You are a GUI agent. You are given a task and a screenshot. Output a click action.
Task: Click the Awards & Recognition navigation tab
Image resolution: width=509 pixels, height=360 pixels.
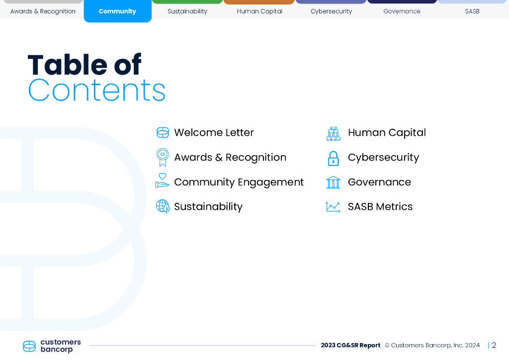[x=43, y=11]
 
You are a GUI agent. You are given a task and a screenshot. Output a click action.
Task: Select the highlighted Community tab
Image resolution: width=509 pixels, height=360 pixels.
[x=117, y=11]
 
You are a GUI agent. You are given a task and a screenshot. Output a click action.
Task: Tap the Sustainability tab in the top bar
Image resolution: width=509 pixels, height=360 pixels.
[x=187, y=11]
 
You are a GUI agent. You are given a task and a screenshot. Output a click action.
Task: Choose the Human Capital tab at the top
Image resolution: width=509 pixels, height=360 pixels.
[x=259, y=11]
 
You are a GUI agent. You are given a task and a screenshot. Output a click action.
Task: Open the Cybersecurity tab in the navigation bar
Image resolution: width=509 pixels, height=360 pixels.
[x=331, y=11]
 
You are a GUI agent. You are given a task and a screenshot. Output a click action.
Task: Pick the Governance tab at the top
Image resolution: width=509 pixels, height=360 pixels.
[x=402, y=11]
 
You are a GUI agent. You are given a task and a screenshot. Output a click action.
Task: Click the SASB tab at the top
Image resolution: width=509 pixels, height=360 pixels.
[x=472, y=11]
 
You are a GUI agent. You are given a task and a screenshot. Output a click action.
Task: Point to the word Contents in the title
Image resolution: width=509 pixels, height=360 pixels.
[x=97, y=90]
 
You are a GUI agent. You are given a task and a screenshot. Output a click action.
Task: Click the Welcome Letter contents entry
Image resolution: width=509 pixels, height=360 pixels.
[x=214, y=132]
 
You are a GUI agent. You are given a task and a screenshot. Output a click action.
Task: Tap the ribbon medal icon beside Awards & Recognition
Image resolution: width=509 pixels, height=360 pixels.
[x=163, y=157]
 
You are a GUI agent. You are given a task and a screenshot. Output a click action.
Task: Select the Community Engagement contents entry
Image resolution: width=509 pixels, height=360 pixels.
[x=239, y=182]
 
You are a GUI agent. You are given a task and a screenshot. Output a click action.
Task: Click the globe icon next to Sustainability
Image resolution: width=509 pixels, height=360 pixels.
[x=163, y=206]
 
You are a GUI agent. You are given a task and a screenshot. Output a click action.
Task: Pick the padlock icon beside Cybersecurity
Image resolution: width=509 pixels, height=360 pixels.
[x=333, y=159]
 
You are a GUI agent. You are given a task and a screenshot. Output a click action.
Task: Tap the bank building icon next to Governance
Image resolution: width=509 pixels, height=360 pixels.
[x=333, y=182]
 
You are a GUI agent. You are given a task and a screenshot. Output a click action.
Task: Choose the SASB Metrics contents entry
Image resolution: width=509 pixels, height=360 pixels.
[x=380, y=206]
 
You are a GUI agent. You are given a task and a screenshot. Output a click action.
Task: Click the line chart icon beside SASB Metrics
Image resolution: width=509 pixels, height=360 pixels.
[x=333, y=207]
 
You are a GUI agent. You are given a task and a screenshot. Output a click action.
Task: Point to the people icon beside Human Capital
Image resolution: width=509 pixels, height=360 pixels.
[x=334, y=133]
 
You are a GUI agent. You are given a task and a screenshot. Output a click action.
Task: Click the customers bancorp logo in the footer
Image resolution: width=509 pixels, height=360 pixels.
[x=52, y=346]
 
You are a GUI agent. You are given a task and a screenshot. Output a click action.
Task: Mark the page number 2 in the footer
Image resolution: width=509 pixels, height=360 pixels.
[x=494, y=345]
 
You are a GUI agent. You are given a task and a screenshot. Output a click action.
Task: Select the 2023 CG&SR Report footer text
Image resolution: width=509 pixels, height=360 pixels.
[x=350, y=345]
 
